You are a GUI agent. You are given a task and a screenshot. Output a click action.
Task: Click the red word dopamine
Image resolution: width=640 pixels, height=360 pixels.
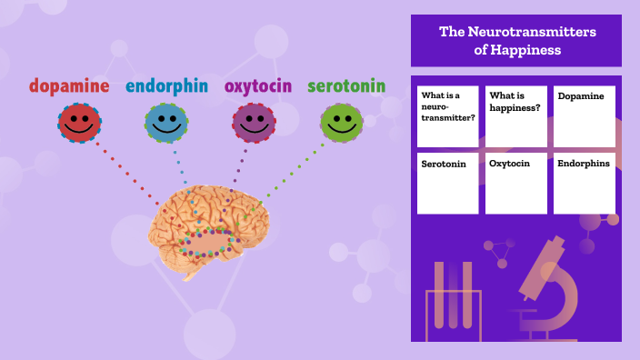pyautogui.click(x=69, y=86)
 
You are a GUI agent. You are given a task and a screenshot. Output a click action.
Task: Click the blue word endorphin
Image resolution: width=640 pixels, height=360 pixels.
pyautogui.click(x=166, y=86)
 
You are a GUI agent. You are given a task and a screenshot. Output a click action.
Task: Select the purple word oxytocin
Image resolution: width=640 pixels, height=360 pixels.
pyautogui.click(x=258, y=86)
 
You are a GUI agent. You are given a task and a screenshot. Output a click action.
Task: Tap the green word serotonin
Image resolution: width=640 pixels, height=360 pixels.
pyautogui.click(x=345, y=86)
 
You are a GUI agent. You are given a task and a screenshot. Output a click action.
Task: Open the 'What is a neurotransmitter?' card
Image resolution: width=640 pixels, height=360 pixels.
pyautogui.click(x=447, y=116)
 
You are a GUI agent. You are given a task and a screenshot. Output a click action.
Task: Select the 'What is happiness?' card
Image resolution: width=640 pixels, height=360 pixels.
pyautogui.click(x=515, y=116)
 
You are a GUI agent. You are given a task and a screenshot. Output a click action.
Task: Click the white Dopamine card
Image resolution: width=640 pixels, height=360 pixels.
pyautogui.click(x=584, y=116)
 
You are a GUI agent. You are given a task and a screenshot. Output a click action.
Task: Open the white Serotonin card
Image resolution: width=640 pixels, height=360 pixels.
pyautogui.click(x=447, y=183)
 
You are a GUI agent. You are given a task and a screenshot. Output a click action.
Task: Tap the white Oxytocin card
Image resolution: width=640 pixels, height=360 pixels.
pyautogui.click(x=515, y=183)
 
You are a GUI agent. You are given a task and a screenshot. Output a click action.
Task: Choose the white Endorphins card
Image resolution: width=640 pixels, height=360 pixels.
pyautogui.click(x=584, y=183)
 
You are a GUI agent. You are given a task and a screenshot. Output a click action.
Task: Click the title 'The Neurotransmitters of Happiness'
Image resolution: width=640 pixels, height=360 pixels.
pyautogui.click(x=516, y=41)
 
